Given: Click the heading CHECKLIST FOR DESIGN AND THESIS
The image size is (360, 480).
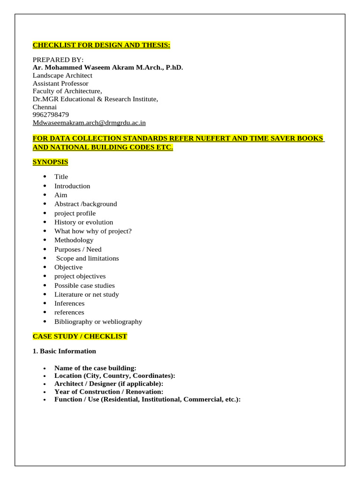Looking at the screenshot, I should coord(101,45).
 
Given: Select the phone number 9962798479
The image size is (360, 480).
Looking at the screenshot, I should coord(51,114).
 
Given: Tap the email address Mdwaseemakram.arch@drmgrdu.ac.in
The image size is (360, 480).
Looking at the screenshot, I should coord(89,123).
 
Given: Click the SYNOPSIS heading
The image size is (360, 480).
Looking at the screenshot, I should coord(50,162).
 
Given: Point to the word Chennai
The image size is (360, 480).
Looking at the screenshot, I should coord(45,107).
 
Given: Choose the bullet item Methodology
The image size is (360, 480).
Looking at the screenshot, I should coord(74,240).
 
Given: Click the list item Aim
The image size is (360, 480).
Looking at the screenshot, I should coord(60,195).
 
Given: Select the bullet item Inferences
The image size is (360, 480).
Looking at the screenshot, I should coord(69,303).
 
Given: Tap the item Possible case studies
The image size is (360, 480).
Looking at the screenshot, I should coord(84,285).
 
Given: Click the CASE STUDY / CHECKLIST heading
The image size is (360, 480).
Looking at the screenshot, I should coord(80,337).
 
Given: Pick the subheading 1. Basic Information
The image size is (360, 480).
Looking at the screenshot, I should coord(64,351).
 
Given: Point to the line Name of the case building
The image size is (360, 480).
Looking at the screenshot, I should coord(95,368).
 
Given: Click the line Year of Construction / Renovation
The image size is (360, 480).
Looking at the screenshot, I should coord(109,391).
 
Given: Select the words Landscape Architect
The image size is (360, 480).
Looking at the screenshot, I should coord(62,75).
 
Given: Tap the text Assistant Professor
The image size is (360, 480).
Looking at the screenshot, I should coord(60,83).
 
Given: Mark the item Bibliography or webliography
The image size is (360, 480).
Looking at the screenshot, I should coord(98,322).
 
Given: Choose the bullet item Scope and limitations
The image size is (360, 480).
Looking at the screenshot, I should coord(87,258).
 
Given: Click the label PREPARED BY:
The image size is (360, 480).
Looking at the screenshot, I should coord(58,60).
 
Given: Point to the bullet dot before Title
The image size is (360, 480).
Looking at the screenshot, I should coord(45,177).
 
